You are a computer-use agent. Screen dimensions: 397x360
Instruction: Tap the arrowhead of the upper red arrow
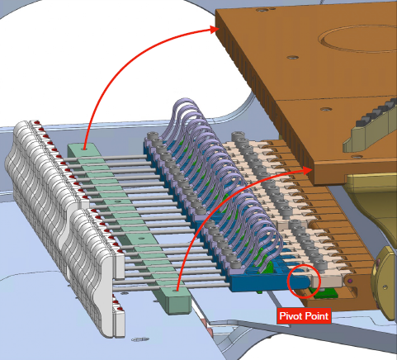[x=215, y=29]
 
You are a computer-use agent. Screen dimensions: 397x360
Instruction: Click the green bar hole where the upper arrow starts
[x=84, y=149]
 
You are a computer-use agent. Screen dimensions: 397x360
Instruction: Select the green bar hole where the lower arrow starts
[x=177, y=290]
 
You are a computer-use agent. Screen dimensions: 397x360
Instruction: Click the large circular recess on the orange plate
[x=357, y=39]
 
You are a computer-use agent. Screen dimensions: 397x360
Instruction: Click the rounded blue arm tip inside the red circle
[x=303, y=282]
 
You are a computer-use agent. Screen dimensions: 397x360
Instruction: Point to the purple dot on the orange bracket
[x=350, y=281]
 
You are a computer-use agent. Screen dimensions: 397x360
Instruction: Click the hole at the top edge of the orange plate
[x=260, y=11]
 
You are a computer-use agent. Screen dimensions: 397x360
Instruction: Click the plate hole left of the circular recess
[x=292, y=58]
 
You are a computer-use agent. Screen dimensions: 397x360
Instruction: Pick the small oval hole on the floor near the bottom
[x=140, y=339]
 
